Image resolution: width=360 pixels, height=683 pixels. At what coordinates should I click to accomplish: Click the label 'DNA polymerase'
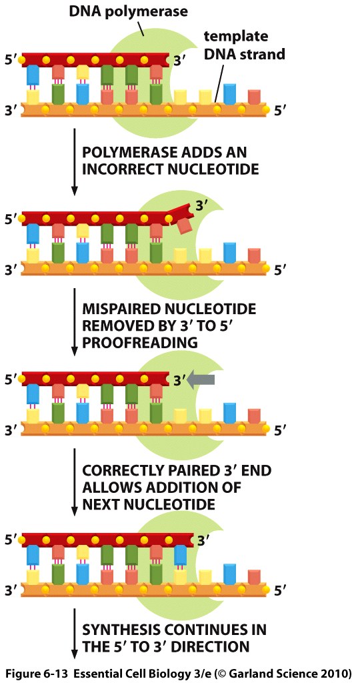129,11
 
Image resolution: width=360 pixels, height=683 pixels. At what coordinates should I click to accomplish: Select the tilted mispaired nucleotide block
185,225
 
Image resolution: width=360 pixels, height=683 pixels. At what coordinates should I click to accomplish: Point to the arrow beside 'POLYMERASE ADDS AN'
74,161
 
